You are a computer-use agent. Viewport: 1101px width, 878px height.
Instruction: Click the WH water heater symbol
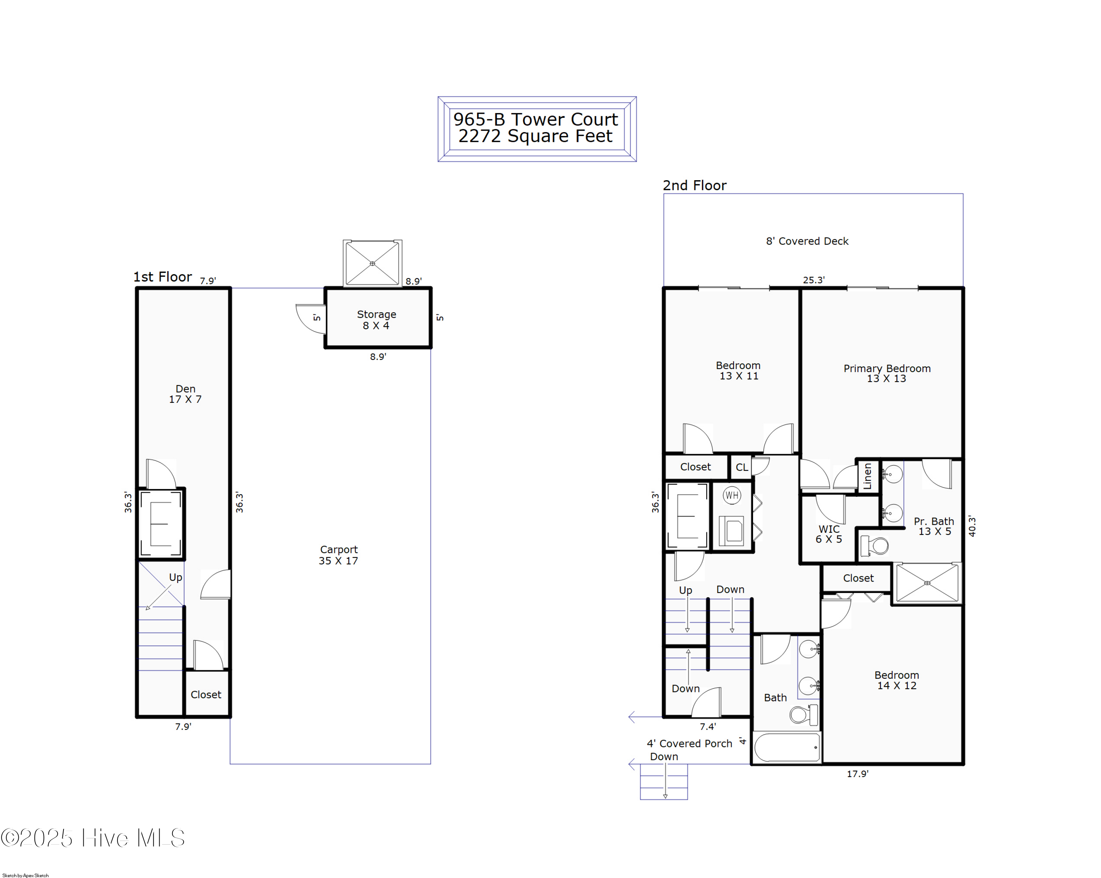click(732, 495)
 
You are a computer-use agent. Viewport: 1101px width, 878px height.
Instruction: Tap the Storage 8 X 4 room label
click(377, 320)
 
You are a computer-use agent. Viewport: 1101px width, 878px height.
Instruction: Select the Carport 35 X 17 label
click(339, 555)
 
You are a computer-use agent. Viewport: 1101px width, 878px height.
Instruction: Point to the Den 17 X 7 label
click(185, 394)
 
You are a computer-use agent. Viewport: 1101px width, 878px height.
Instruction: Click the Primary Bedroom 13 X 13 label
click(887, 373)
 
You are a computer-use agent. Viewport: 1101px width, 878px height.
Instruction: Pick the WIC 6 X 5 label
click(829, 534)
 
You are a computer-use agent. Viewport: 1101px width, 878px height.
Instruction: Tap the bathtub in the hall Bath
click(788, 747)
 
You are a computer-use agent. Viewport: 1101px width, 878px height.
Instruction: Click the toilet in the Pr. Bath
click(875, 546)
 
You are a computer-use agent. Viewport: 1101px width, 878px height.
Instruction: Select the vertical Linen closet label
click(867, 476)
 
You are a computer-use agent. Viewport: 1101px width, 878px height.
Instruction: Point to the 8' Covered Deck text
click(807, 241)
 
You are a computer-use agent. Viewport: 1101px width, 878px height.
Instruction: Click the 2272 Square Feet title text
click(535, 136)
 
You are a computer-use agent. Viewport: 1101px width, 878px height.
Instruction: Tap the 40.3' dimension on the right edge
click(972, 526)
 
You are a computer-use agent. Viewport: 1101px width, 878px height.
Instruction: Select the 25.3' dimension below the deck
click(814, 280)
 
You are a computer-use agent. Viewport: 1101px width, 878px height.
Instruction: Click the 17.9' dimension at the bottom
click(857, 774)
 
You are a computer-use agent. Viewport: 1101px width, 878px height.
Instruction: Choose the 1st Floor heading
click(162, 277)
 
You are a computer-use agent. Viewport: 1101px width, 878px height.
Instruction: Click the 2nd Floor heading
click(694, 185)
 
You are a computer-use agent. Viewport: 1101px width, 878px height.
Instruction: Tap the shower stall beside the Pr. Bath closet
click(927, 583)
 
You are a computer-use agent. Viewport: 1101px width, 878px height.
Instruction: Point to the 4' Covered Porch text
click(689, 744)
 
